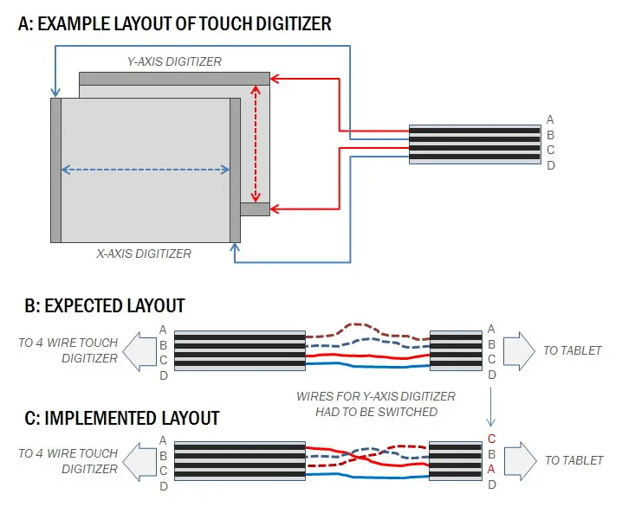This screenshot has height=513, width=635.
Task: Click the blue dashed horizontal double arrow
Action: (146, 170)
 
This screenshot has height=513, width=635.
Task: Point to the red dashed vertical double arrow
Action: (255, 144)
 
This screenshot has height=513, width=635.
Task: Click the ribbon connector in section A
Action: (474, 143)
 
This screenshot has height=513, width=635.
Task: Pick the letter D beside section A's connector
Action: (551, 165)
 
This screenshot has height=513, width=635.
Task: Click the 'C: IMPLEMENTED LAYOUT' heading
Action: (119, 418)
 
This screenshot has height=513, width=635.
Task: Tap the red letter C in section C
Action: (492, 439)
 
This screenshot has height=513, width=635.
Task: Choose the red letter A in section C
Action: (492, 469)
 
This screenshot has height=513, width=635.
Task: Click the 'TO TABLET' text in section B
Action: (573, 350)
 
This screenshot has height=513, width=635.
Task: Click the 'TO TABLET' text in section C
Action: (573, 460)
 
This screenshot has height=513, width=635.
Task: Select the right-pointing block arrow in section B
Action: (517, 350)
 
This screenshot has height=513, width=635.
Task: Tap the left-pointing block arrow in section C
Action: (139, 460)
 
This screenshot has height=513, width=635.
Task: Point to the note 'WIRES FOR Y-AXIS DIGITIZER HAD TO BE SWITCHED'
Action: (376, 404)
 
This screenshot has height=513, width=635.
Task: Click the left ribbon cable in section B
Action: (239, 350)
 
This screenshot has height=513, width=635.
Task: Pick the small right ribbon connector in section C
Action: (456, 461)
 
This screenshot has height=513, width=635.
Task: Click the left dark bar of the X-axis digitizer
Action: (56, 170)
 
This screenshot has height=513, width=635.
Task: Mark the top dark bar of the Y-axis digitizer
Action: (176, 79)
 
